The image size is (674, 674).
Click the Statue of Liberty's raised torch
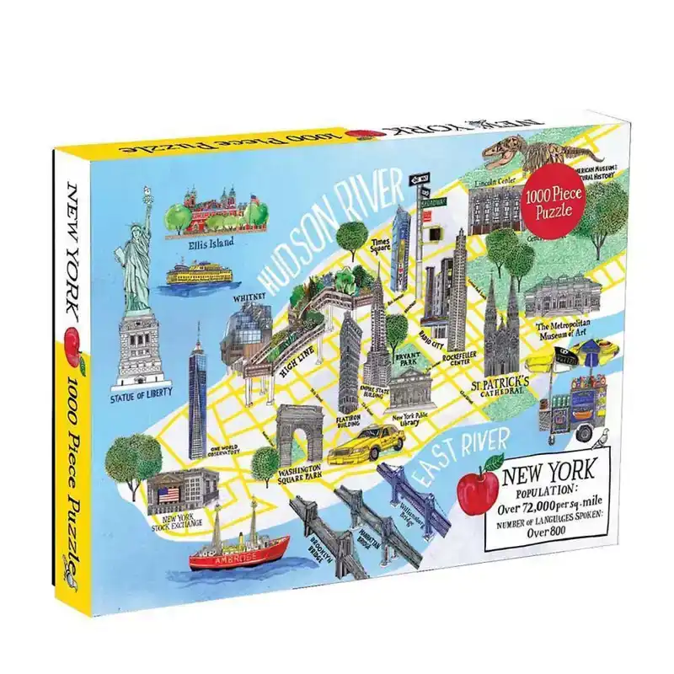click(x=148, y=191)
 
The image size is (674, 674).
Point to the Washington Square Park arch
click(x=301, y=434)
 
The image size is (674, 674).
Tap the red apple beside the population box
click(x=476, y=488)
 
